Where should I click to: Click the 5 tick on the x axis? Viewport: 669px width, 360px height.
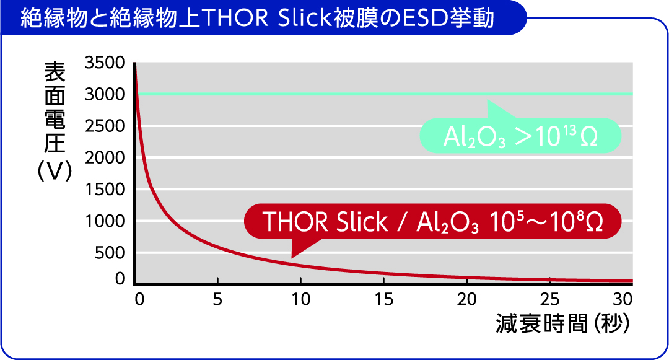pos(217,300)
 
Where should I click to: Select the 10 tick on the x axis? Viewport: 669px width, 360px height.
pos(300,300)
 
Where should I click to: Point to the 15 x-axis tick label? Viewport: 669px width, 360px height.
pos(383,300)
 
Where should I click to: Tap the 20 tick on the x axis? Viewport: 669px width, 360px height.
pos(466,300)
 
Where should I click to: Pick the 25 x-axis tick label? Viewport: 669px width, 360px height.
pos(549,300)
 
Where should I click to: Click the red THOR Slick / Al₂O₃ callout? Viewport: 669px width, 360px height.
pos(432,221)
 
